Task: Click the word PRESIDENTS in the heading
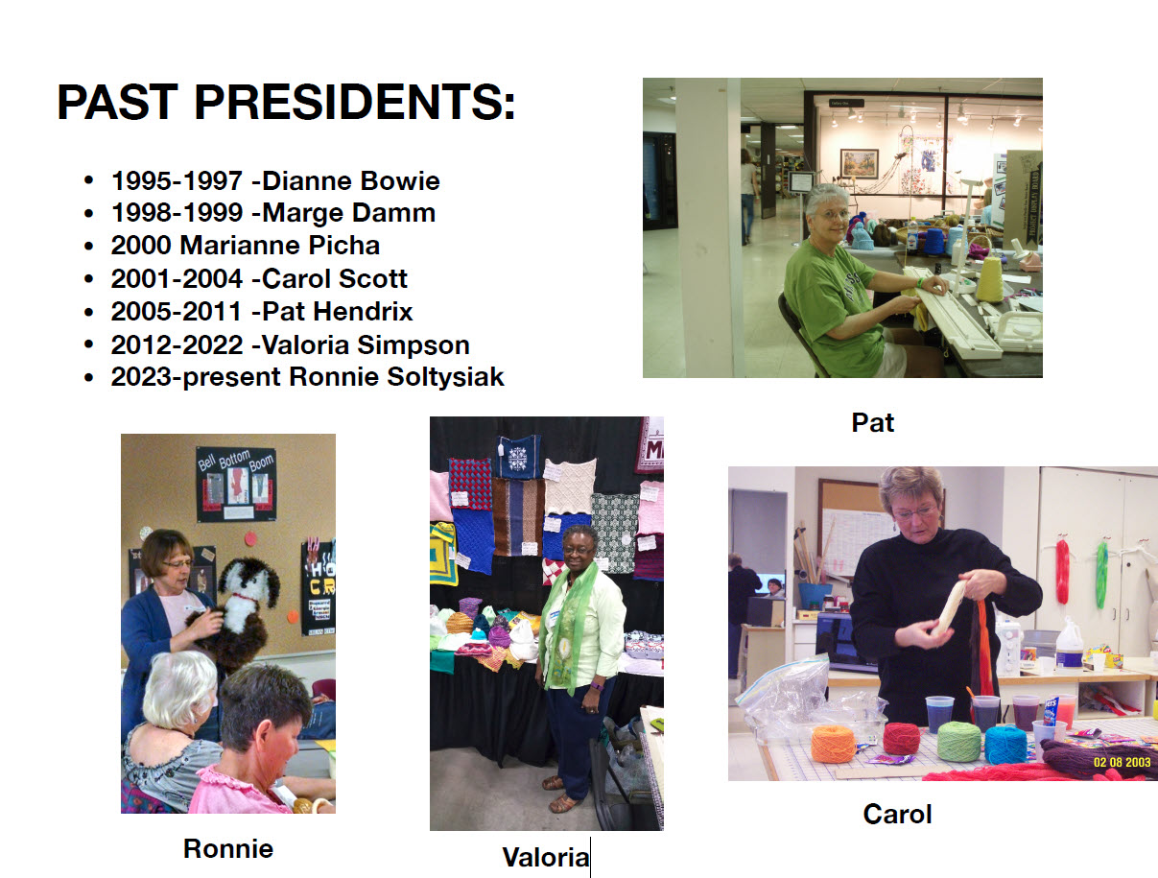[x=355, y=102]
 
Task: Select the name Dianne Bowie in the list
[x=351, y=181]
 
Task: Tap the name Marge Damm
[x=348, y=213]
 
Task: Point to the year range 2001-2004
[x=177, y=278]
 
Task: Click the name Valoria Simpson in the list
[x=366, y=345]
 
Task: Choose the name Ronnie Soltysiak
[x=396, y=377]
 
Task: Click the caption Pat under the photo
[x=873, y=422]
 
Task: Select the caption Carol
[x=897, y=814]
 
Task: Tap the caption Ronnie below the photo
[x=228, y=848]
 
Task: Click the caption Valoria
[x=546, y=857]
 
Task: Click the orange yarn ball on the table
[x=833, y=744]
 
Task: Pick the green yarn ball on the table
[x=958, y=741]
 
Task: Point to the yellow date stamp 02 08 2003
[x=1122, y=763]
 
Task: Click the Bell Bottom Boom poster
[x=236, y=484]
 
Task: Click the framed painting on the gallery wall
[x=860, y=163]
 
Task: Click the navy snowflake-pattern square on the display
[x=517, y=457]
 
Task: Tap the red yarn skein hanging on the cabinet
[x=1062, y=571]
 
